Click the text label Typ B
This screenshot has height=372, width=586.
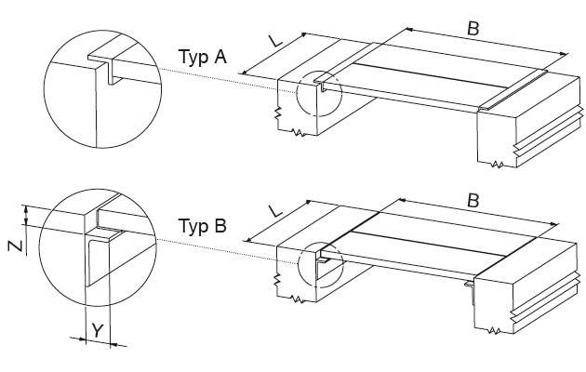[204, 226]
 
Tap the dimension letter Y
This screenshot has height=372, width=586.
[96, 328]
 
